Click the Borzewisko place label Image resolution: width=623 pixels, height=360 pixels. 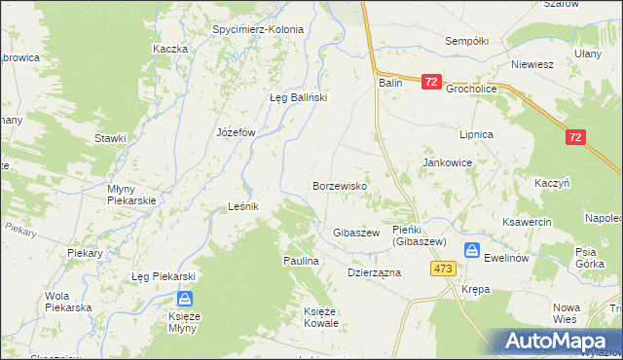click(x=339, y=185)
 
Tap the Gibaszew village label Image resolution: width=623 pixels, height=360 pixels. click(x=355, y=234)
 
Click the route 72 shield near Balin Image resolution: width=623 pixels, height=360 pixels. click(x=433, y=85)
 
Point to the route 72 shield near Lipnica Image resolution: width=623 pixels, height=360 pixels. click(x=574, y=138)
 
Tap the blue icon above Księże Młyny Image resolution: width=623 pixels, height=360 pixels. click(x=184, y=301)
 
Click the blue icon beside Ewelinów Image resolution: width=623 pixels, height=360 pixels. click(x=472, y=250)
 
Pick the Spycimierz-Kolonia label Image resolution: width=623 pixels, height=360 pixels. click(x=258, y=29)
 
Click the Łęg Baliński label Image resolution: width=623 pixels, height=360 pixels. click(x=297, y=97)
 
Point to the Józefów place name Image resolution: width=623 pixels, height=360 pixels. click(x=235, y=132)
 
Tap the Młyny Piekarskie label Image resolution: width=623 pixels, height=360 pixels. click(x=131, y=194)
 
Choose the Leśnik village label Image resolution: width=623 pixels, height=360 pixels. click(x=242, y=206)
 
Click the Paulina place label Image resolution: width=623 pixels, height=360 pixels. click(x=301, y=262)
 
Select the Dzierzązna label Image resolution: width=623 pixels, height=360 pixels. click(x=375, y=273)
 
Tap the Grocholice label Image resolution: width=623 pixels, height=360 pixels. click(x=471, y=88)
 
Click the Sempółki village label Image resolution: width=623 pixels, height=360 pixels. click(x=465, y=41)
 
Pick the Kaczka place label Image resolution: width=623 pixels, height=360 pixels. click(x=169, y=49)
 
